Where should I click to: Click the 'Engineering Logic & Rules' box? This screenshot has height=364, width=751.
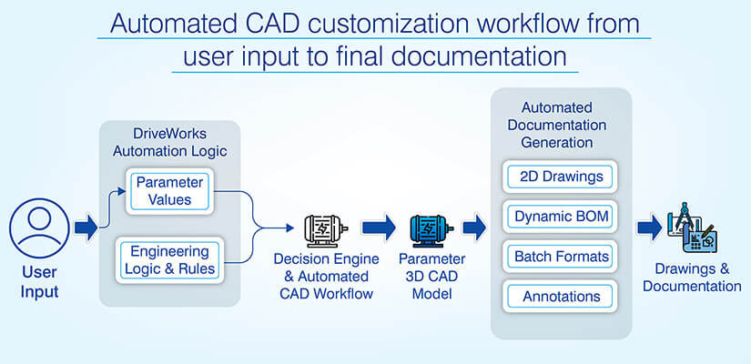click(169, 259)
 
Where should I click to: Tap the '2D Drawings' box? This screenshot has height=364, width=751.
click(560, 176)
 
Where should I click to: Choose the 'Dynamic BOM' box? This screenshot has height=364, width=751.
click(560, 217)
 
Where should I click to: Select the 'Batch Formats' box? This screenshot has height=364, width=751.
click(560, 257)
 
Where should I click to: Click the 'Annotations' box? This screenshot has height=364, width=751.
click(560, 297)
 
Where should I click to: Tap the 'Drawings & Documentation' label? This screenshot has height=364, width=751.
click(692, 278)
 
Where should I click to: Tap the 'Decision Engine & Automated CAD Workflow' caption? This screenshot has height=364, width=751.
click(322, 276)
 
